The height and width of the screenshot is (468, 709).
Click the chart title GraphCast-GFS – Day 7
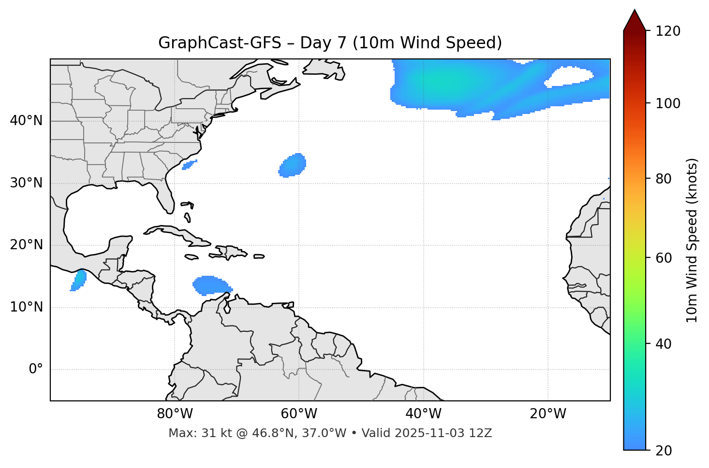point(330,43)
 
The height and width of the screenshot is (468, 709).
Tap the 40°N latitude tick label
point(26,121)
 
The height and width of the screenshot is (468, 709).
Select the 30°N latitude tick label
point(26,183)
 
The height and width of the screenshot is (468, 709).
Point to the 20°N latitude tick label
point(26,245)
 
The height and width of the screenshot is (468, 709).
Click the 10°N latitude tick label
point(26,307)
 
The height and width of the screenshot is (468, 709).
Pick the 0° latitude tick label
point(36,369)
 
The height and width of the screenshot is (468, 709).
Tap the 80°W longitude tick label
point(175,414)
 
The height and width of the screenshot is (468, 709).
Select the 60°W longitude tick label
point(299,414)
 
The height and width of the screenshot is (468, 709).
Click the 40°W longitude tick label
point(423,414)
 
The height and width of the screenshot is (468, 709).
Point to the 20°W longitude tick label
point(547,414)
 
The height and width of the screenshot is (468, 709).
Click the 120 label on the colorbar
point(667,31)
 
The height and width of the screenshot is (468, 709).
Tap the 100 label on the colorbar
point(667,103)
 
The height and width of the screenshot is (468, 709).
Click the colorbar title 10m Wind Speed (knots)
point(692,240)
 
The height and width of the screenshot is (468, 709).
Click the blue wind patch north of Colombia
point(210,285)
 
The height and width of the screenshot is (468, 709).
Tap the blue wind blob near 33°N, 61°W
point(293,166)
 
